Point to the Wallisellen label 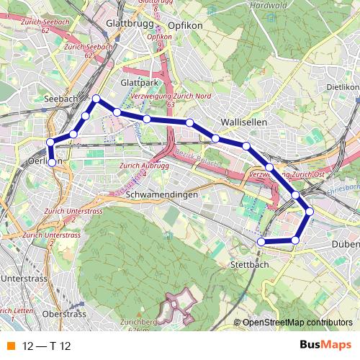244,122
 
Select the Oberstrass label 64,314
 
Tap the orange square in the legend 10,346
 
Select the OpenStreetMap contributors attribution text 297,323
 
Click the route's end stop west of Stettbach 261,241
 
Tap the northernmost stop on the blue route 96,98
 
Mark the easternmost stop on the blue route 310,211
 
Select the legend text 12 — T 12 47,346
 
